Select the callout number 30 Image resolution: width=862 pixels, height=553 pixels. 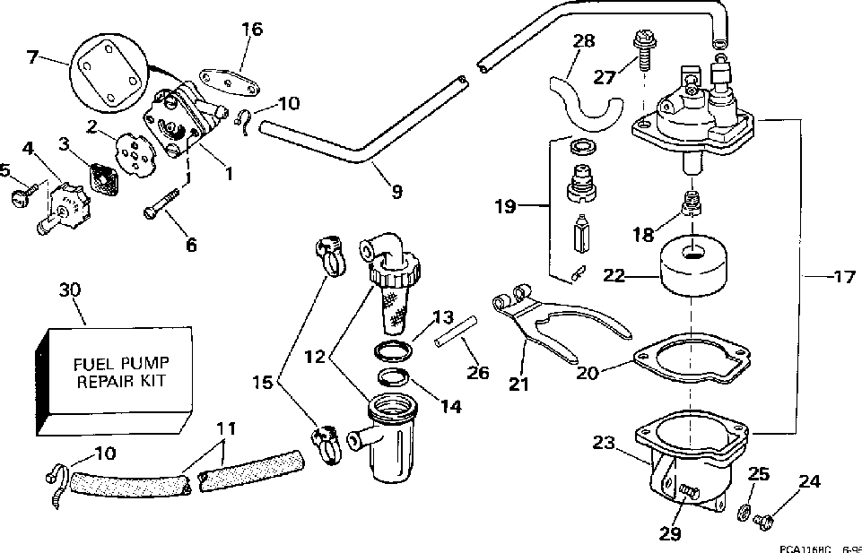coord(70,289)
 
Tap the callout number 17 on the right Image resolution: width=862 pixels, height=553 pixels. coord(844,277)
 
